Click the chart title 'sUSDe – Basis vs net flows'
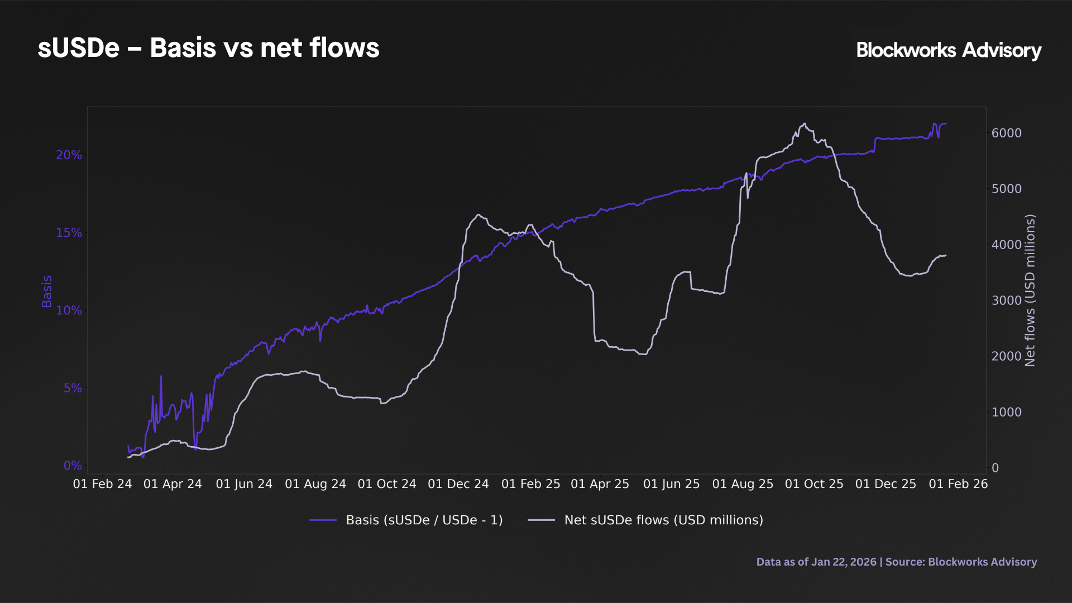click(x=208, y=48)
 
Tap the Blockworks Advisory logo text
click(x=948, y=50)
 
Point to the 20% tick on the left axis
click(x=69, y=155)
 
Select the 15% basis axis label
click(x=69, y=233)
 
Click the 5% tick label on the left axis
click(x=72, y=388)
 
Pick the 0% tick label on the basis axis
click(x=72, y=466)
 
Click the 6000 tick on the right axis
click(x=1006, y=133)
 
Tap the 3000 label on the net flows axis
click(x=1006, y=300)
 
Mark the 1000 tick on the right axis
click(x=1006, y=412)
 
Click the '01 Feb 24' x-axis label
click(x=102, y=484)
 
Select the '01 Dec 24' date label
click(x=458, y=484)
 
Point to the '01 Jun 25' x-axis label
click(x=671, y=484)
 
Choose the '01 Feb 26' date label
click(x=958, y=484)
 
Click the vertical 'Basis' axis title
click(x=47, y=291)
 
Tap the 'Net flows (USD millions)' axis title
click(x=1030, y=290)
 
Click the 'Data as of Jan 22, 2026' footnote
click(x=816, y=562)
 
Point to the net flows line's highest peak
click(x=805, y=124)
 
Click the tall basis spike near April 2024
click(x=161, y=376)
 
